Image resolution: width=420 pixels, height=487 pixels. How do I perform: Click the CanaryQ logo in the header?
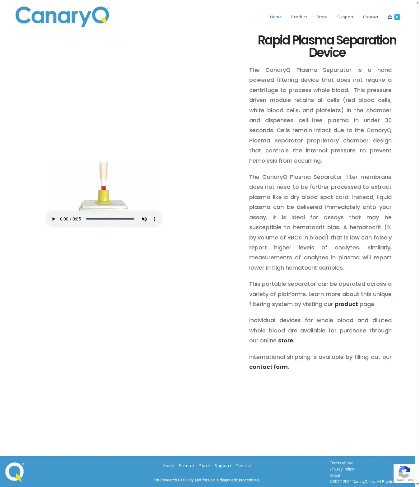[x=62, y=16]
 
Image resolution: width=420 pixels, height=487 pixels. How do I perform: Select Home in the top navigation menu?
[x=276, y=17]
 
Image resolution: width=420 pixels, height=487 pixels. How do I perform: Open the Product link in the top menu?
[x=299, y=17]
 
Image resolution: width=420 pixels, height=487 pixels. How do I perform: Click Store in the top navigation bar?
[x=322, y=17]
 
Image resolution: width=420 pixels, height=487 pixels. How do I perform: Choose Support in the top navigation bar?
[x=345, y=17]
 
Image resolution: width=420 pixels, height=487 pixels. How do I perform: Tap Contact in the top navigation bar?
[x=371, y=17]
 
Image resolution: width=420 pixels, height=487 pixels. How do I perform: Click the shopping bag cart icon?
[x=390, y=17]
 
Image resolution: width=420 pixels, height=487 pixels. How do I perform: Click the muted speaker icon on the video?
[x=144, y=219]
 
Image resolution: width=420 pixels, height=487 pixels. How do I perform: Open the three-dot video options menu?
[x=154, y=219]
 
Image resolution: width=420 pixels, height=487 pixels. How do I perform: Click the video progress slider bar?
[x=110, y=219]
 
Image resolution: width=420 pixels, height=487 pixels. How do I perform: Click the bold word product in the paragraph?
[x=346, y=304]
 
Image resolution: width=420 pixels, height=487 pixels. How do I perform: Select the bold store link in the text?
[x=285, y=341]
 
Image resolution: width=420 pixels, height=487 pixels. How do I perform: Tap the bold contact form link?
[x=268, y=367]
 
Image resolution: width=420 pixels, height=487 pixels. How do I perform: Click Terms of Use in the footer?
[x=341, y=463]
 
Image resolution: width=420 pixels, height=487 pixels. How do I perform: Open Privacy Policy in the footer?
[x=342, y=469]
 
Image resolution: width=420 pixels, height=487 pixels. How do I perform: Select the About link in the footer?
[x=335, y=475]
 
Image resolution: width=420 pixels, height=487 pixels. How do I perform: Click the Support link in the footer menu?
[x=223, y=466]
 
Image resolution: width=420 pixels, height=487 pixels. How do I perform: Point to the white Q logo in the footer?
[x=14, y=472]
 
